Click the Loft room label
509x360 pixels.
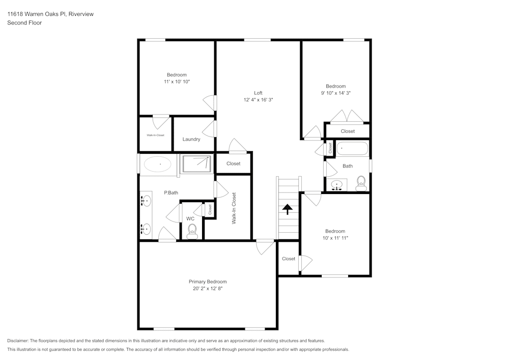(x=258, y=93)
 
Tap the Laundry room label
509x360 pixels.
(x=191, y=139)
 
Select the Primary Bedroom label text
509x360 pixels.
(x=208, y=282)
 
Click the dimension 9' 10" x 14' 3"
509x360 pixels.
(x=335, y=93)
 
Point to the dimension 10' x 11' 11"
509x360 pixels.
(x=335, y=238)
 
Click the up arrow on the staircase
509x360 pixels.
(x=287, y=209)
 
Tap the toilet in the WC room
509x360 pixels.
(x=192, y=232)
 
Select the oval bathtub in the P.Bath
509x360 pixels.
(x=157, y=164)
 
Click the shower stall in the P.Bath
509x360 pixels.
(x=196, y=164)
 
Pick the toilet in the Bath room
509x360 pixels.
(x=361, y=183)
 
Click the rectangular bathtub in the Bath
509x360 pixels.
(x=352, y=149)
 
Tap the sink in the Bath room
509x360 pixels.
(x=337, y=185)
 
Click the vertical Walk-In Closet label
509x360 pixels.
(x=234, y=208)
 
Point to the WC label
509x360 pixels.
(x=190, y=219)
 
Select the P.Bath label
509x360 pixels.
(x=171, y=193)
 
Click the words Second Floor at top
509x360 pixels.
(x=24, y=23)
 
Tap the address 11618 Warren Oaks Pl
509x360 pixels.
(x=37, y=14)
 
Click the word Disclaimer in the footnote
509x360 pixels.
(x=17, y=341)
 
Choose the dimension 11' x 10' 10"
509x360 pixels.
(x=177, y=82)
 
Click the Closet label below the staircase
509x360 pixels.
(x=289, y=259)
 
